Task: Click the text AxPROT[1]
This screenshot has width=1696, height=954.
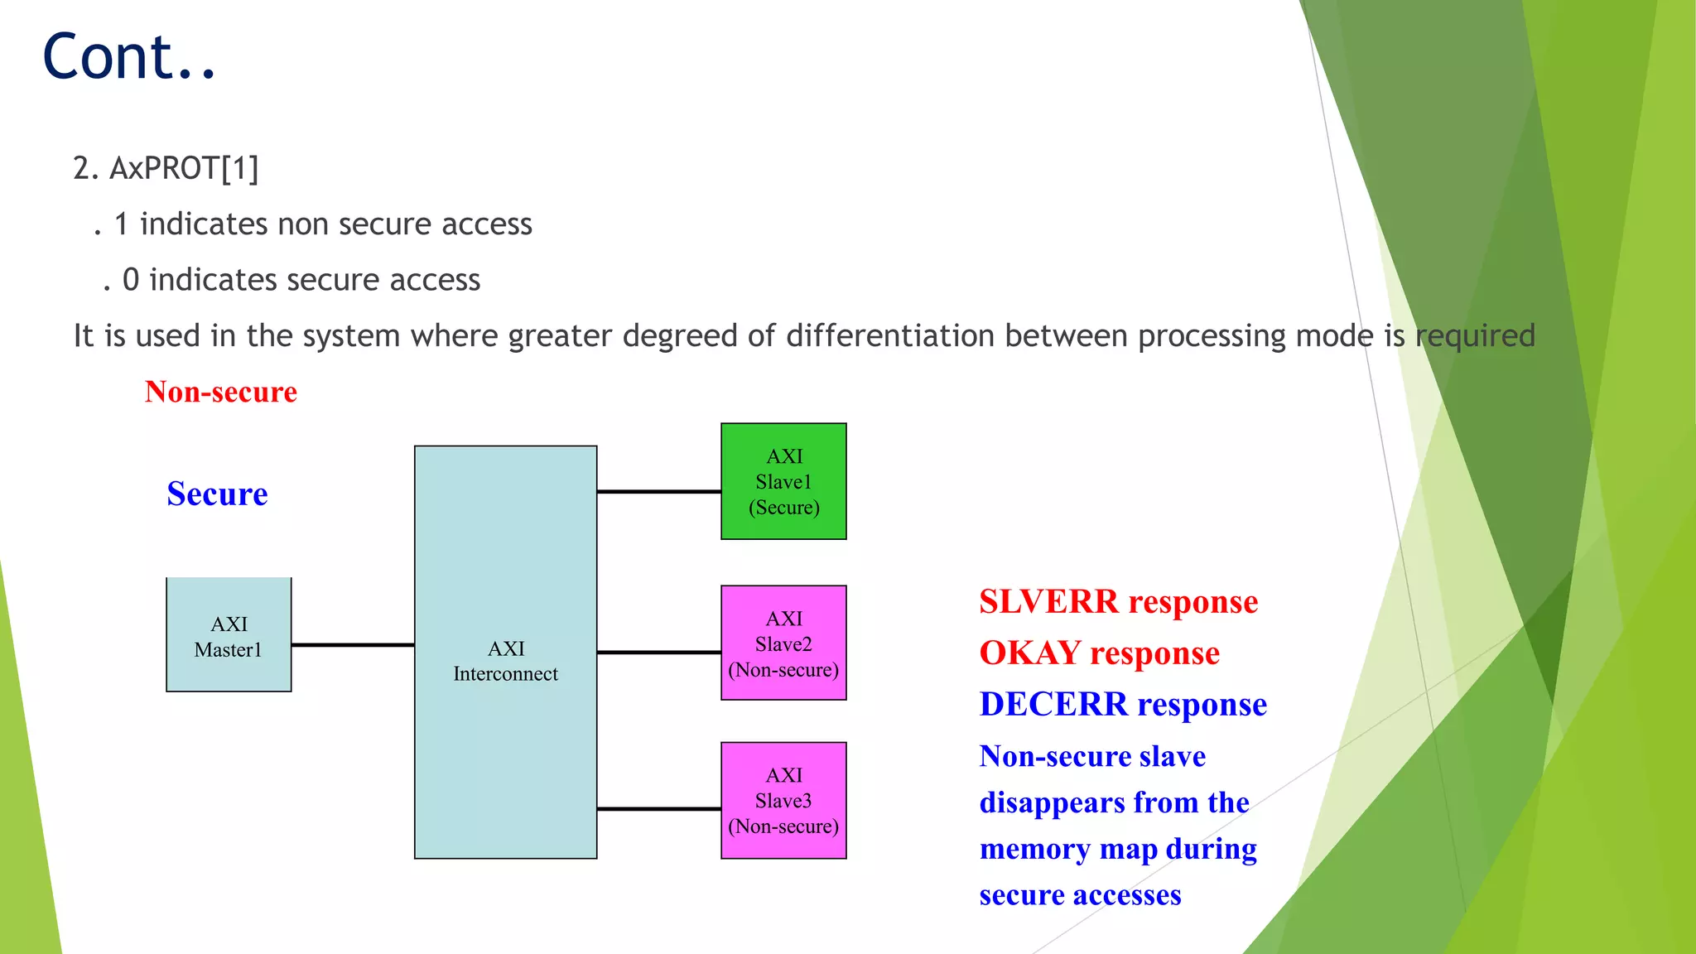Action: (184, 168)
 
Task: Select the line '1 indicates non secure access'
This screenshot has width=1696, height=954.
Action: (323, 224)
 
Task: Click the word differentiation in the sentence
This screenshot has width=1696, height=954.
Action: (890, 335)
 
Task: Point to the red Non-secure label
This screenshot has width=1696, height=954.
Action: (220, 392)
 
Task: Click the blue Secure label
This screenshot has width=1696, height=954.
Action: (217, 494)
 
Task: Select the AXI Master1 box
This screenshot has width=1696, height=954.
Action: (229, 635)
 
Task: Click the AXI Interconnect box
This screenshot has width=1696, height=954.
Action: (505, 652)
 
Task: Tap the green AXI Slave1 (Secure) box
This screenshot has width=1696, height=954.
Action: (783, 481)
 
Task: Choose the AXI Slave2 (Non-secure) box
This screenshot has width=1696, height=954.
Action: (783, 643)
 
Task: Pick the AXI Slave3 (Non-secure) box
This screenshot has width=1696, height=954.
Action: (783, 800)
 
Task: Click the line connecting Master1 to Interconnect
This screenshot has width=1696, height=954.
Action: (353, 644)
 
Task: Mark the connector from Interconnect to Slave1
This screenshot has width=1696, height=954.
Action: (658, 491)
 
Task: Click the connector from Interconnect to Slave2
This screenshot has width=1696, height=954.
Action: (658, 653)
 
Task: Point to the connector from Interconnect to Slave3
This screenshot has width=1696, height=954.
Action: (658, 808)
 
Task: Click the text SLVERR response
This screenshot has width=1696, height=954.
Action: (1118, 602)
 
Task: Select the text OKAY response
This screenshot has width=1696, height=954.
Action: (1099, 653)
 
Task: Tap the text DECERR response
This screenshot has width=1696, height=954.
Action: (1122, 705)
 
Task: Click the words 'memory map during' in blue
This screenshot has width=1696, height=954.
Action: (1117, 850)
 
